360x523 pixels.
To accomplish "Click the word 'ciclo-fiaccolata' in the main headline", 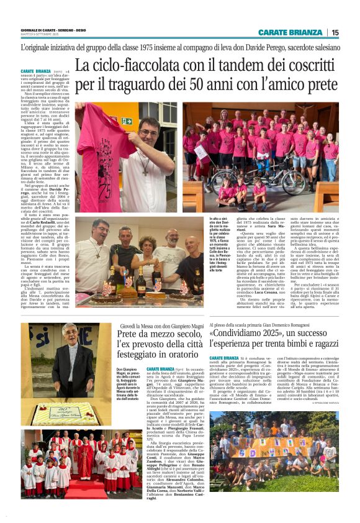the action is pos(156,65).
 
